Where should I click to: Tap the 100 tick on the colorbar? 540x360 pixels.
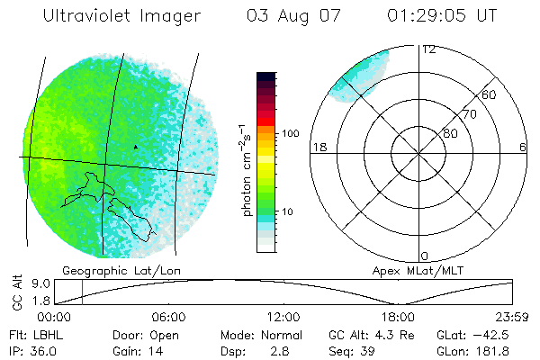290,132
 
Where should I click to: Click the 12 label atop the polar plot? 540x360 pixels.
429,49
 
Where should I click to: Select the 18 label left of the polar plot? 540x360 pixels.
318,147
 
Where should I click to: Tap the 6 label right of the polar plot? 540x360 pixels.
524,147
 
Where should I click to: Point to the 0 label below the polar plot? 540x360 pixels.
425,256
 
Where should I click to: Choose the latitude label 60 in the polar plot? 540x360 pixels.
490,94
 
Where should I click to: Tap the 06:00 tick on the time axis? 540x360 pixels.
168,317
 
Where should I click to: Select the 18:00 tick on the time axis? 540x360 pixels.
398,317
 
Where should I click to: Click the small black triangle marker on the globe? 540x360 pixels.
136,146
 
